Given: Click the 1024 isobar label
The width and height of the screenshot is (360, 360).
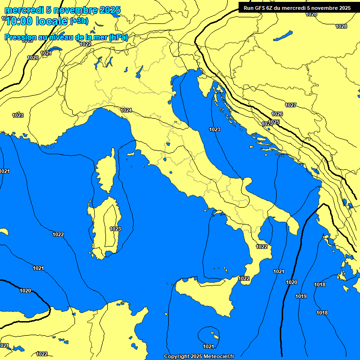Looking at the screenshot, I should tap(126, 111).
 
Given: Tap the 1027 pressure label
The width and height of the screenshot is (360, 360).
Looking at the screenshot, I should tap(291, 105).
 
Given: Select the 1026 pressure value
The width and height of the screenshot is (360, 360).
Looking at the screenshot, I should tap(277, 114).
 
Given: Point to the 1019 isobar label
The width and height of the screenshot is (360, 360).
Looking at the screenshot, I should tap(301, 296).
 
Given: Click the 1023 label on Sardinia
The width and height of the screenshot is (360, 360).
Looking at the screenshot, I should tap(115, 229).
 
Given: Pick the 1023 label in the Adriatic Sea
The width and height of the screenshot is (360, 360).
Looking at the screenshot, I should tap(215, 129).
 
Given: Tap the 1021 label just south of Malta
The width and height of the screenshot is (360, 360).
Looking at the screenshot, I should tap(209, 346).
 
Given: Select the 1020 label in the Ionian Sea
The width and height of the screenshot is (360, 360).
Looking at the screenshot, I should tap(292, 282).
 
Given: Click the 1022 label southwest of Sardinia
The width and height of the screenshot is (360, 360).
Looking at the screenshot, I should tap(59, 234).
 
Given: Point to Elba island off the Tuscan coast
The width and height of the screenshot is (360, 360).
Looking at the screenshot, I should tap(131, 153).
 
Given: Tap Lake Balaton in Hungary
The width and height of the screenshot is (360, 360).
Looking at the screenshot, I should tap(283, 36).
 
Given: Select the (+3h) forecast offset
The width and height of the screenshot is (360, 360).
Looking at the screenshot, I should tap(79, 22).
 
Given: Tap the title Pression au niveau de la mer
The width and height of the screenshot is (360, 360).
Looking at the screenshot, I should tap(66, 37).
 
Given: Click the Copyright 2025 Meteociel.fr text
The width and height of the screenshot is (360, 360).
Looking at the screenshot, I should tap(199, 356).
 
